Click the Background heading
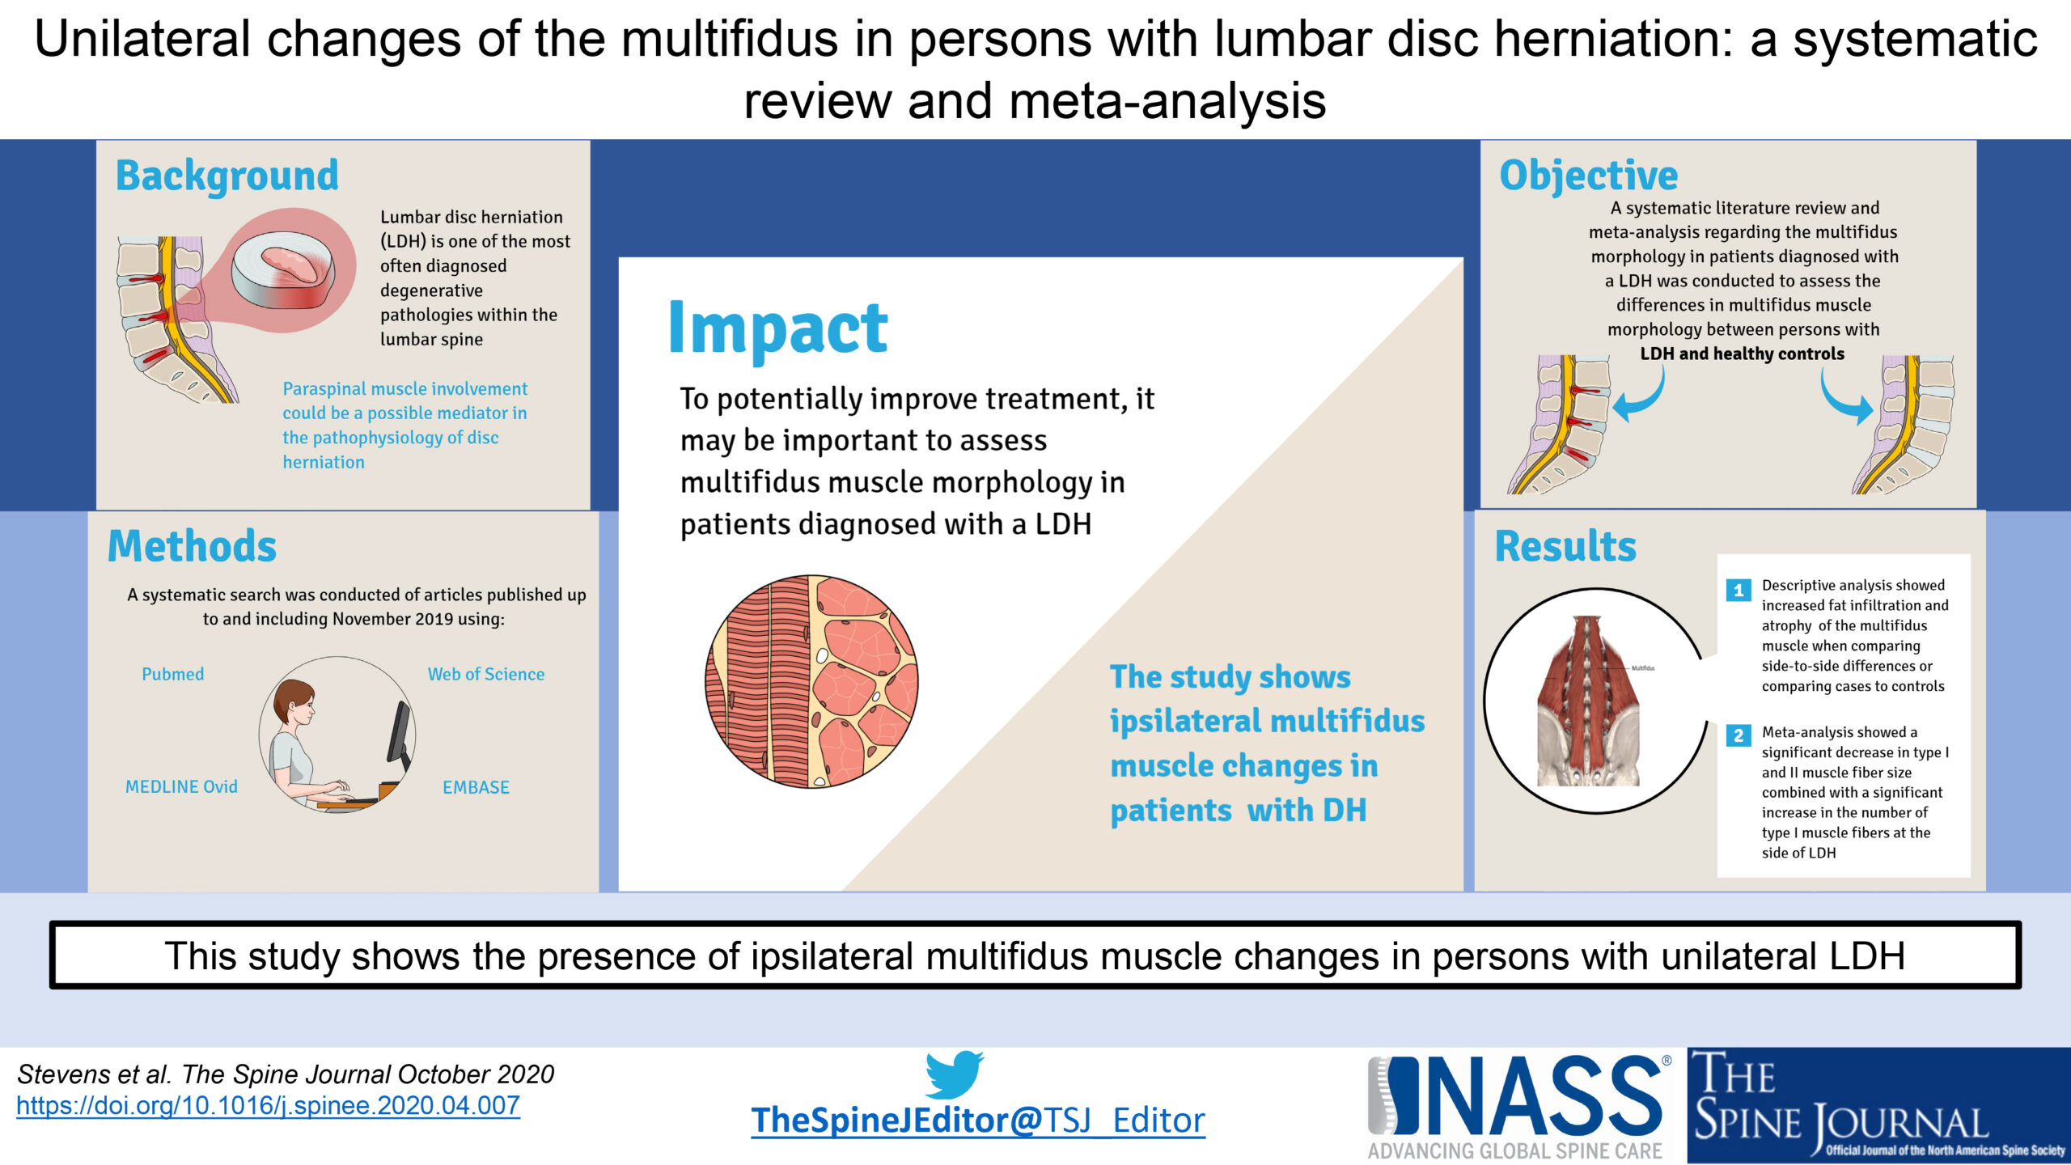pyautogui.click(x=227, y=176)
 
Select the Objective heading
pyautogui.click(x=1589, y=176)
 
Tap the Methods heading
pyautogui.click(x=193, y=546)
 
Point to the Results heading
pyautogui.click(x=1565, y=546)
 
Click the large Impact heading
pyautogui.click(x=778, y=328)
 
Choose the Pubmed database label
pyautogui.click(x=173, y=674)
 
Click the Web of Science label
pyautogui.click(x=486, y=674)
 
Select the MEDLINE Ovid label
pyautogui.click(x=181, y=786)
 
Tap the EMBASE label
pyautogui.click(x=476, y=787)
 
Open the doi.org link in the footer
pyautogui.click(x=268, y=1106)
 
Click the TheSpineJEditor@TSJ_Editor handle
pyautogui.click(x=978, y=1121)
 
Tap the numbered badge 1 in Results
pyautogui.click(x=1738, y=590)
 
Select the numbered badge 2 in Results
pyautogui.click(x=1738, y=735)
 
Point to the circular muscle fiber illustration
pyautogui.click(x=812, y=681)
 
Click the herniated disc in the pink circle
pyautogui.click(x=283, y=270)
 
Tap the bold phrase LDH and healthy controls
pyautogui.click(x=1743, y=354)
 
